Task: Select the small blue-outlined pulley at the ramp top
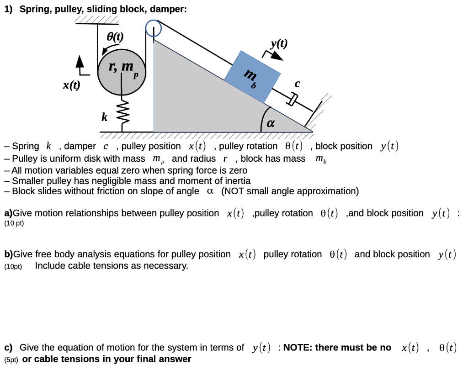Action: click(x=154, y=28)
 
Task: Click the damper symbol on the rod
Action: click(x=292, y=99)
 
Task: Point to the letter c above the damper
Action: click(x=297, y=84)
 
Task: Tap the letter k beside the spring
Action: click(x=105, y=118)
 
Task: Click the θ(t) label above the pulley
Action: click(x=114, y=37)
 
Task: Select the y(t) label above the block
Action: click(x=279, y=44)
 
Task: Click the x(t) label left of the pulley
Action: click(x=71, y=85)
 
